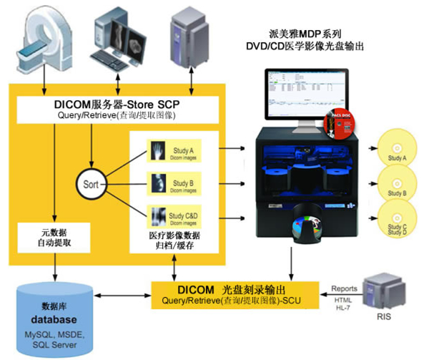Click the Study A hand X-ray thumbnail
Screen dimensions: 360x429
[x=157, y=151]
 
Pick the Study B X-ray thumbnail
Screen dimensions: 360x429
[x=157, y=183]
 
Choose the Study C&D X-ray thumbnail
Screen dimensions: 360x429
[x=157, y=215]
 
